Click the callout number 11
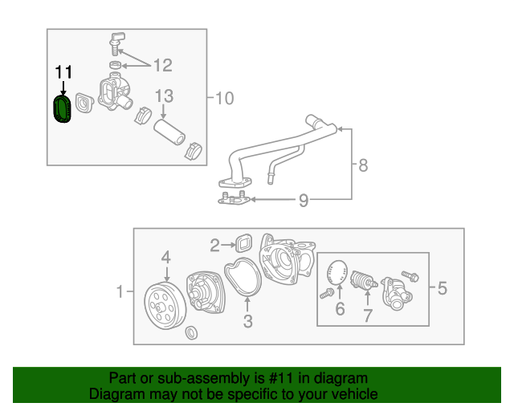(63, 72)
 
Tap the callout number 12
(163, 64)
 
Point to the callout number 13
(164, 96)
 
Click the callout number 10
(224, 98)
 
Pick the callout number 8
(363, 165)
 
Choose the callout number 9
(303, 200)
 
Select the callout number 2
(214, 245)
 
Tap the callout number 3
(247, 322)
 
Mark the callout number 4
(165, 257)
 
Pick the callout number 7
(367, 315)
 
